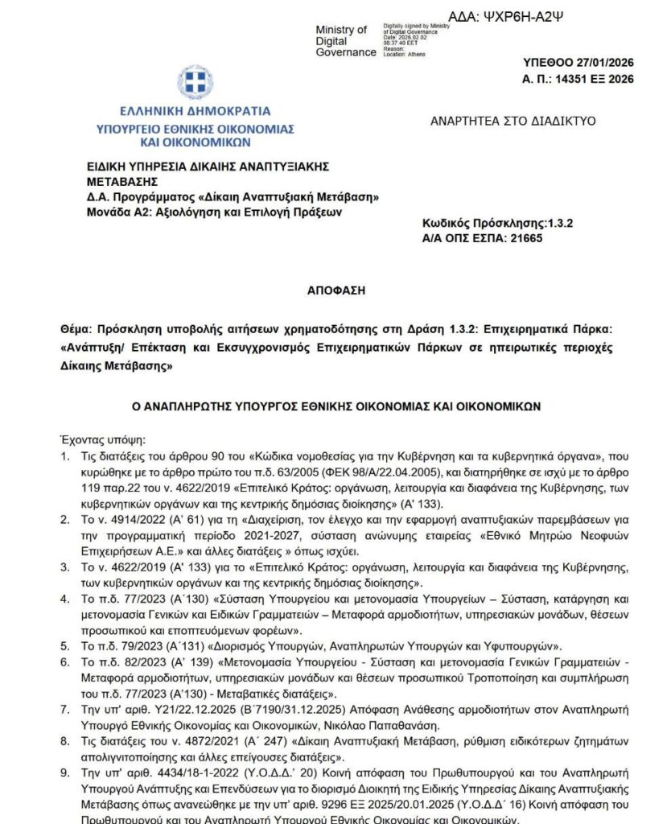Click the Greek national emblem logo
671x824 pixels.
[195, 82]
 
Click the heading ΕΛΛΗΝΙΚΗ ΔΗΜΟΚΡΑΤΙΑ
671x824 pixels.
[196, 112]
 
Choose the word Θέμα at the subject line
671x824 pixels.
[75, 329]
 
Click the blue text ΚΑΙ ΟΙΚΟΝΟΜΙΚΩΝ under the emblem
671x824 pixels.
[195, 142]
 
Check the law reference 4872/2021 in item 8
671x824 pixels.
[173, 741]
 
